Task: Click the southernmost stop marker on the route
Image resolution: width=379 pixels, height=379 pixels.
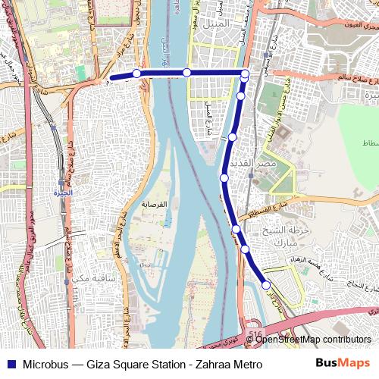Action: point(266,285)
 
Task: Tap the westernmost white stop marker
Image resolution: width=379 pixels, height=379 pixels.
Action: point(136,74)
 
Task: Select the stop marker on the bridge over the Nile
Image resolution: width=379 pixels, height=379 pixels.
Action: point(186,73)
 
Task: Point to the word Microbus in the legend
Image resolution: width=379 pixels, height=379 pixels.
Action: point(45,365)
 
